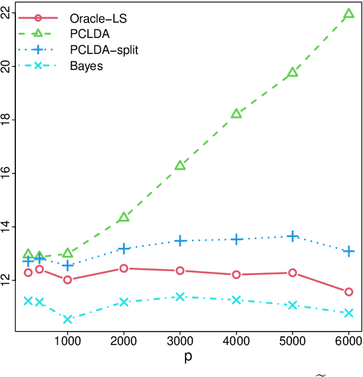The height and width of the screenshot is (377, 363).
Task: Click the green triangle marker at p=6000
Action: click(x=349, y=14)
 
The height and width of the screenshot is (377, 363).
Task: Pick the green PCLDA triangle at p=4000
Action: click(x=236, y=114)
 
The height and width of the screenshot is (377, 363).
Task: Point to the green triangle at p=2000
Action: click(x=124, y=218)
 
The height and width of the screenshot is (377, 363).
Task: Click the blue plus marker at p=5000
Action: click(x=293, y=236)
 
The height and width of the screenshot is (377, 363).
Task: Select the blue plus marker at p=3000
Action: click(x=180, y=240)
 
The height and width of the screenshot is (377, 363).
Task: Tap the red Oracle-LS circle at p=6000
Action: click(x=349, y=292)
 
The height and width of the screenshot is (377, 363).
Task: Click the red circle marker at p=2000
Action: click(x=124, y=268)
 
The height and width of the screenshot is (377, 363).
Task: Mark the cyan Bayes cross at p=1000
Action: click(x=68, y=319)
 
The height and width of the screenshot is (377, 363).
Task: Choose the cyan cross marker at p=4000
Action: click(x=236, y=300)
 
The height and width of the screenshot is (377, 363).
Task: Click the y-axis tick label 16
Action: click(x=7, y=173)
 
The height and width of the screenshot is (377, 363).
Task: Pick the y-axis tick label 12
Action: click(x=7, y=280)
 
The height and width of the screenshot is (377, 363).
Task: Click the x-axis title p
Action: click(x=188, y=358)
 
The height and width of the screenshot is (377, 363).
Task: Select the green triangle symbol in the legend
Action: click(x=38, y=34)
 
